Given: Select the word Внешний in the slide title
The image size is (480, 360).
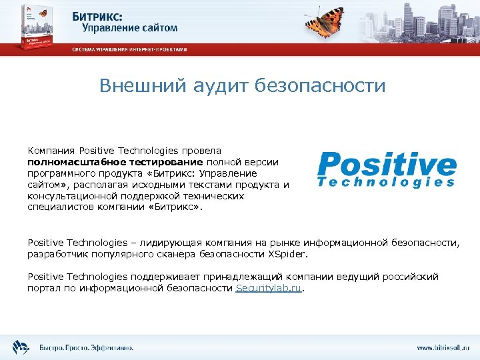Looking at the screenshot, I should pyautogui.click(x=137, y=86).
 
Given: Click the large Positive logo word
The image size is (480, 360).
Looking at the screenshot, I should pyautogui.click(x=387, y=163).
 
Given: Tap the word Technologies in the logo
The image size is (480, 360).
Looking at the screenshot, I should pyautogui.click(x=387, y=182).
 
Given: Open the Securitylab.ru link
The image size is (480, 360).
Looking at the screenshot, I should pyautogui.click(x=269, y=288).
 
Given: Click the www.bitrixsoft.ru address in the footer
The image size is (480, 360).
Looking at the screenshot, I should pyautogui.click(x=443, y=347).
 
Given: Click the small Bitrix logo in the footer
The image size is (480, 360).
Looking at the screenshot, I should pyautogui.click(x=21, y=347).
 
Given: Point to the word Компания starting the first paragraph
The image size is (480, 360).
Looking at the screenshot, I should pyautogui.click(x=51, y=151).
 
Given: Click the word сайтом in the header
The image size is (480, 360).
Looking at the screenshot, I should pyautogui.click(x=159, y=28).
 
